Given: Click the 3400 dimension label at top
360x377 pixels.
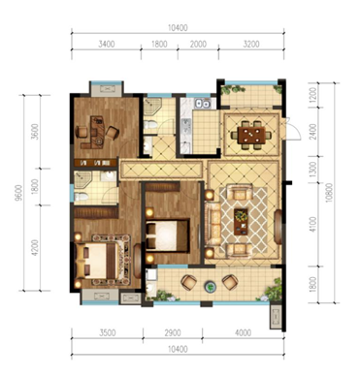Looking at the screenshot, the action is (107, 44).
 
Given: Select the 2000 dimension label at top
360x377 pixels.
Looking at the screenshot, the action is (198, 44).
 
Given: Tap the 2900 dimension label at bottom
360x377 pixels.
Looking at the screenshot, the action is (173, 332).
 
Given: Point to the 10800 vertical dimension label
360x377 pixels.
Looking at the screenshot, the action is (329, 193).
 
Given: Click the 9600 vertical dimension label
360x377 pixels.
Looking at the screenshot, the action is (18, 193).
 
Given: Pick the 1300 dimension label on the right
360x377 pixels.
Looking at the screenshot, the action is (312, 170).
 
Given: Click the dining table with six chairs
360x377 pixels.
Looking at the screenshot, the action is (251, 136).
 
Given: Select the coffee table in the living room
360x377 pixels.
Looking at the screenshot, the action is (241, 222).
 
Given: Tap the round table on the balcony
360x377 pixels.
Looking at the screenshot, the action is (211, 286).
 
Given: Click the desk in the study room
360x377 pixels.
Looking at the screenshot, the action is (95, 133).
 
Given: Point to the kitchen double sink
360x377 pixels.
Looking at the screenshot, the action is (202, 104).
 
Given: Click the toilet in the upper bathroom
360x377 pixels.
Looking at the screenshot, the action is (150, 125).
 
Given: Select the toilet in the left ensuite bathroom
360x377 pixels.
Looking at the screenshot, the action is (81, 197).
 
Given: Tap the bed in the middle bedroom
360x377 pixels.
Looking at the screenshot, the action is (167, 236).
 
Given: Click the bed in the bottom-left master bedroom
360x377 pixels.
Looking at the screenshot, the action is (96, 261).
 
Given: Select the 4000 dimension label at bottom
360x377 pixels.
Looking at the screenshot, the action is (244, 332).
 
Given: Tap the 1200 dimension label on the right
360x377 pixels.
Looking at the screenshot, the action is (312, 94).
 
